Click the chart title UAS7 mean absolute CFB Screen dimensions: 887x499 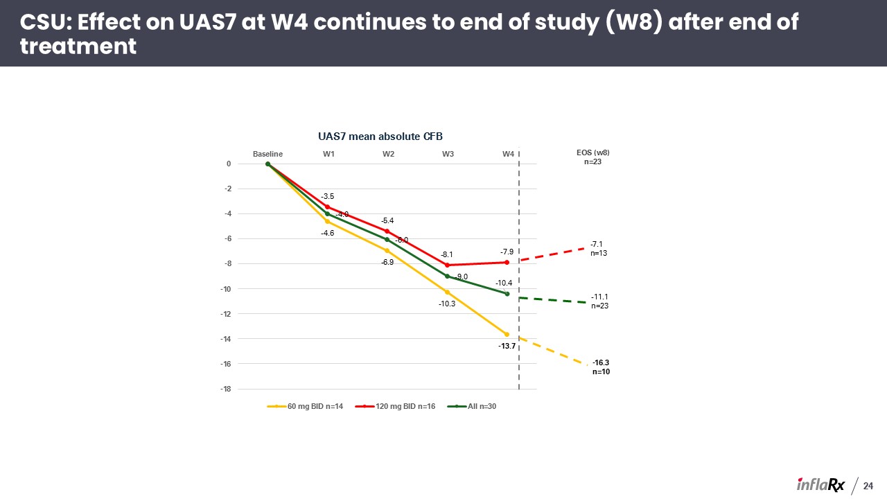click(380, 137)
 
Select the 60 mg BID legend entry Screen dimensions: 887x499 click(305, 406)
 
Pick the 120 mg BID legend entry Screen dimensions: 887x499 click(395, 406)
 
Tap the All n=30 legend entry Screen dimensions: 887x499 click(472, 406)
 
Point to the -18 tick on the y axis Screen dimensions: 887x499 click(226, 389)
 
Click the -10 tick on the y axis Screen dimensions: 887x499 click(226, 289)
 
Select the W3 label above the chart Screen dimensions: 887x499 click(448, 154)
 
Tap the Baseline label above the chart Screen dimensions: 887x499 click(267, 154)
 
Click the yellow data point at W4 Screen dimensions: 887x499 click(507, 335)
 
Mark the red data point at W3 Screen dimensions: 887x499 click(448, 265)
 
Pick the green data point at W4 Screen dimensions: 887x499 click(507, 294)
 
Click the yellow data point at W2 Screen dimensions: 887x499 click(387, 251)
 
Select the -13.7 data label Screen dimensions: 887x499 click(507, 346)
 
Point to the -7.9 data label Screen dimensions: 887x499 click(507, 252)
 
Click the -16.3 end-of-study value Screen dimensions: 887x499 click(601, 362)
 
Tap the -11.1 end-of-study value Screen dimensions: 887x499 click(599, 297)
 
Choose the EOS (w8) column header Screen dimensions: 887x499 click(592, 153)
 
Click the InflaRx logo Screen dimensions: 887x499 click(820, 485)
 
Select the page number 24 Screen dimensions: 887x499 click(868, 486)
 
